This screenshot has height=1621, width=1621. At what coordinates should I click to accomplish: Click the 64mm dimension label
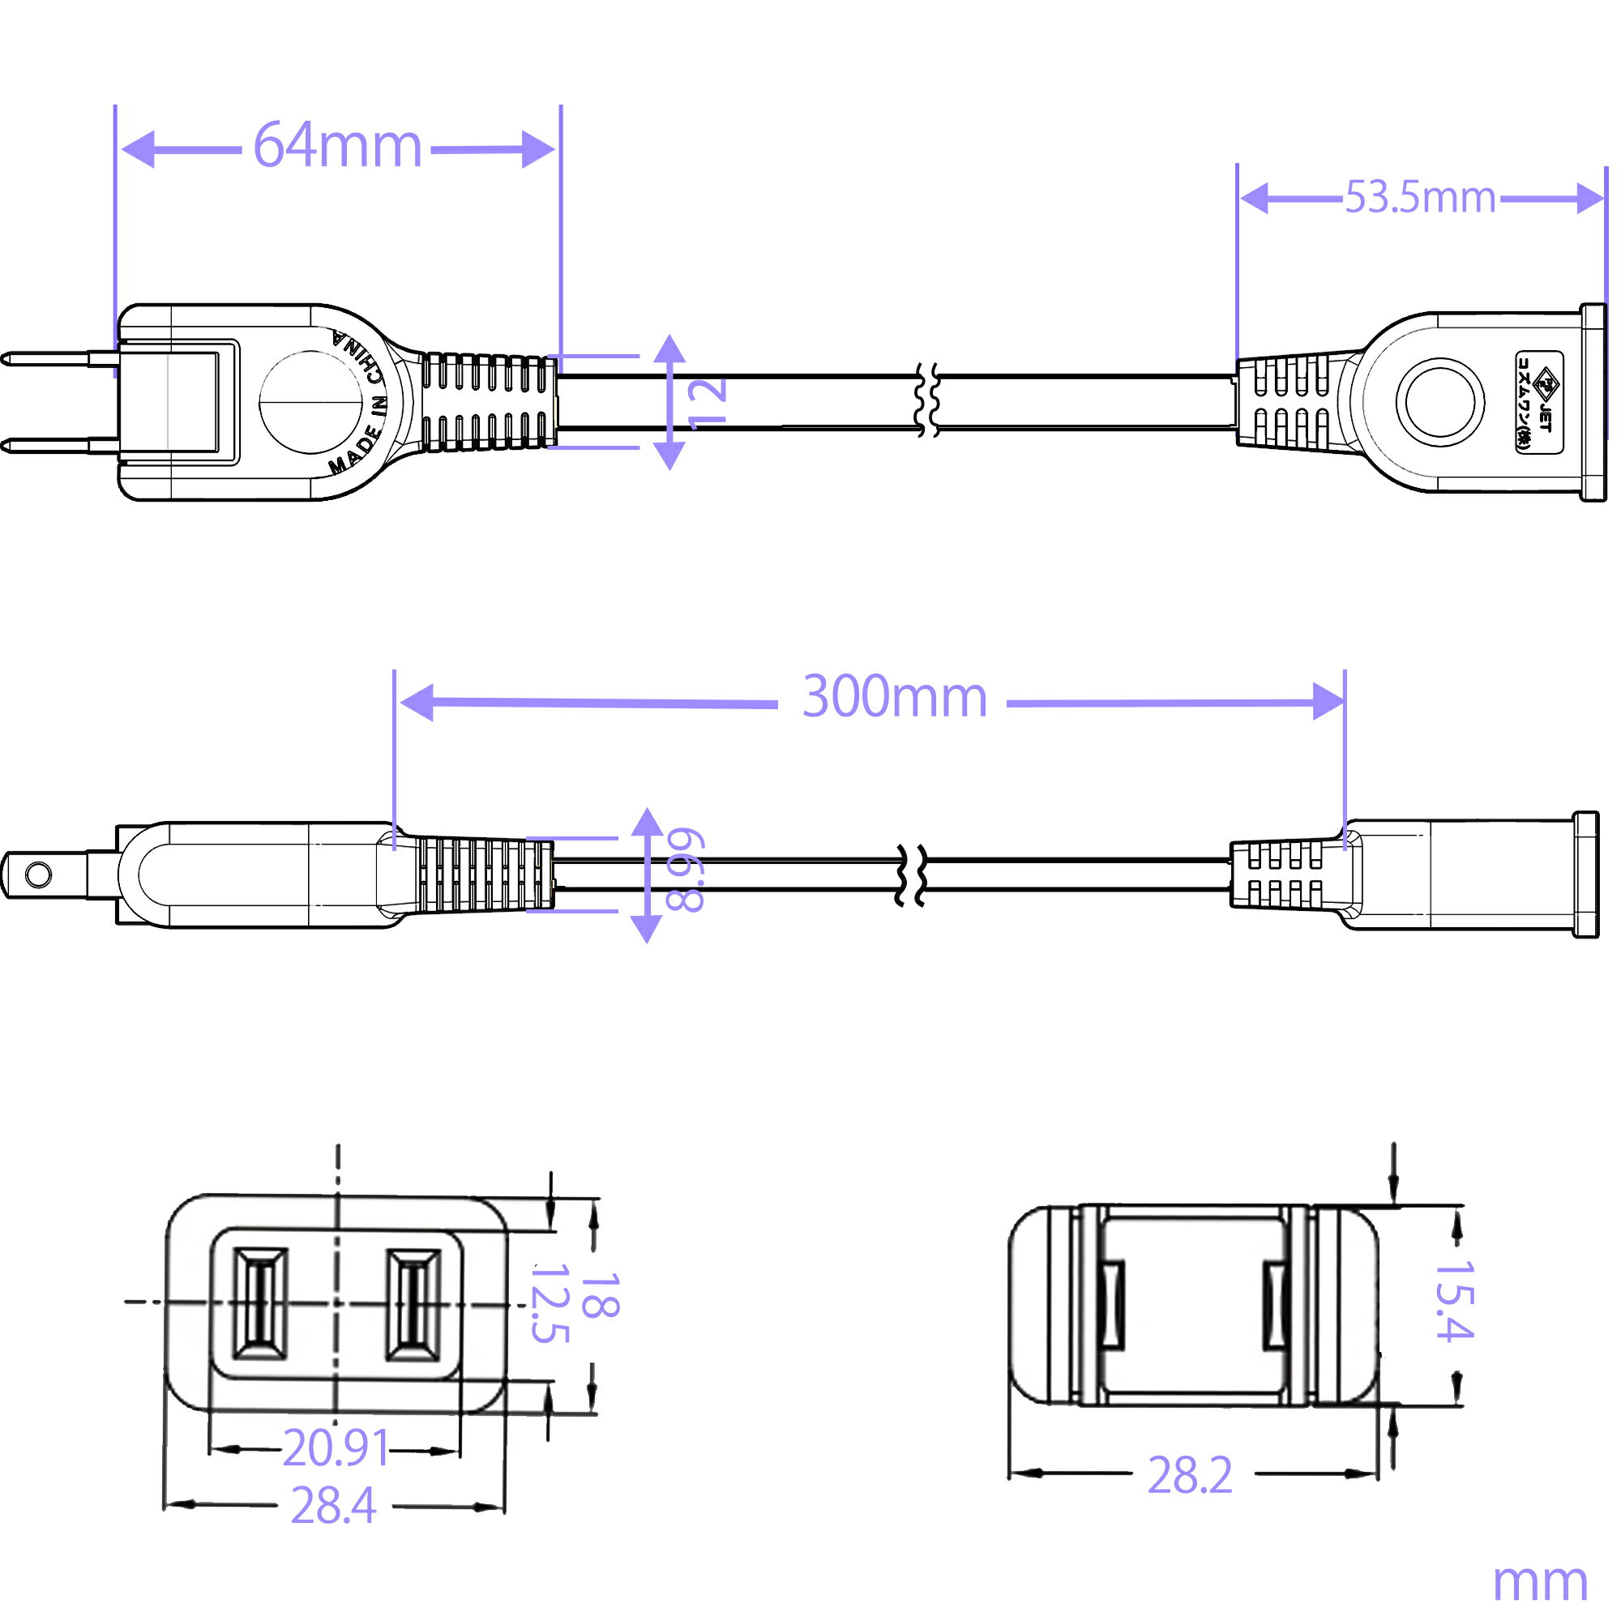pyautogui.click(x=337, y=145)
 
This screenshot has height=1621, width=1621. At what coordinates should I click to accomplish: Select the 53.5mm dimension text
pyautogui.click(x=1421, y=197)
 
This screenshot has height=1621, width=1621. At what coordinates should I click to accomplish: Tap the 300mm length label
pyautogui.click(x=896, y=696)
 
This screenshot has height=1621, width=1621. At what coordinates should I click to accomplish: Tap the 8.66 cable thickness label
pyautogui.click(x=684, y=869)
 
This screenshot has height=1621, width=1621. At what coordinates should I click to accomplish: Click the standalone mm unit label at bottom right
pyautogui.click(x=1541, y=1582)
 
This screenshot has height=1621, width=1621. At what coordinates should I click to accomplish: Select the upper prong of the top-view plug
pyautogui.click(x=58, y=360)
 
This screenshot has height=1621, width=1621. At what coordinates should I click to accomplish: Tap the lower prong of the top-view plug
pyautogui.click(x=58, y=445)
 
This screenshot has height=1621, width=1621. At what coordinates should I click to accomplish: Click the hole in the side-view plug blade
pyautogui.click(x=38, y=875)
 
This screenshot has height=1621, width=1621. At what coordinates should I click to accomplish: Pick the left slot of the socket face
pyautogui.click(x=260, y=1304)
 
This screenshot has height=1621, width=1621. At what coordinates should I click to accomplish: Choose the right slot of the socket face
pyautogui.click(x=413, y=1305)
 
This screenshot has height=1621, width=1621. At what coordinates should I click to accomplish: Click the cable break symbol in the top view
pyautogui.click(x=927, y=401)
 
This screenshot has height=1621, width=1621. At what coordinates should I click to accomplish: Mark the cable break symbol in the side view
pyautogui.click(x=911, y=875)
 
